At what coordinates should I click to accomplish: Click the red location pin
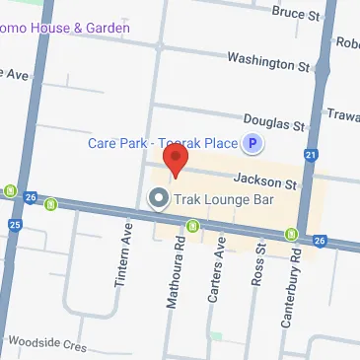pyautogui.click(x=176, y=161)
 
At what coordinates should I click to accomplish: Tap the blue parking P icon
pyautogui.click(x=252, y=144)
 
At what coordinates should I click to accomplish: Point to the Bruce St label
pyautogui.click(x=297, y=15)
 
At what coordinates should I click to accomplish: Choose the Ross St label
pyautogui.click(x=260, y=263)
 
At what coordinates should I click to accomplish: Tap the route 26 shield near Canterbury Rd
pyautogui.click(x=318, y=240)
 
